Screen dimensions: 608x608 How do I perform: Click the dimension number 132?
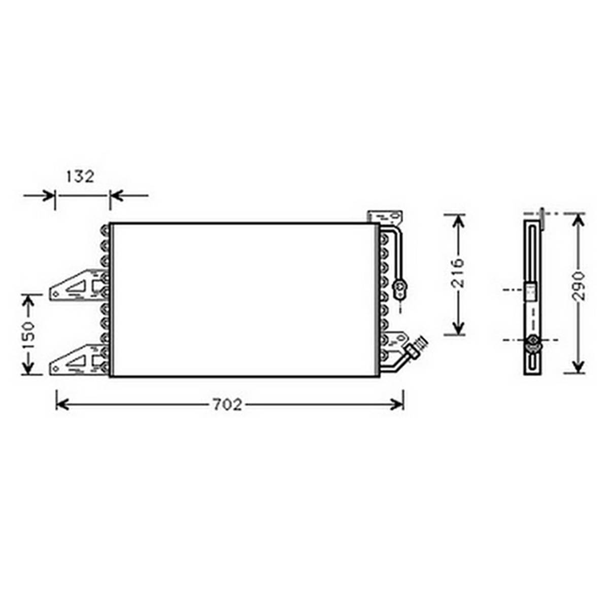click(80, 177)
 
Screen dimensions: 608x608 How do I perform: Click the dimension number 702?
click(227, 405)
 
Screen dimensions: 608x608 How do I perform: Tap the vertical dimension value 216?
click(458, 273)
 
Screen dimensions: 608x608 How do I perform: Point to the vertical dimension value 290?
click(578, 286)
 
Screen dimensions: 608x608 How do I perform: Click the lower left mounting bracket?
click(78, 360)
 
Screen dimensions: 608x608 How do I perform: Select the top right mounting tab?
click(385, 217)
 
